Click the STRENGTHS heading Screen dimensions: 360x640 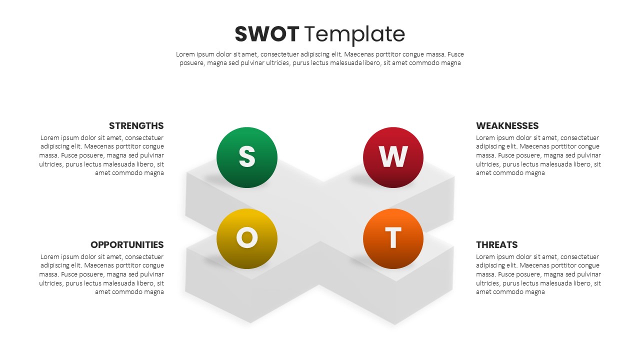tap(136, 125)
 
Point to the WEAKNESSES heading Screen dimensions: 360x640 tap(507, 125)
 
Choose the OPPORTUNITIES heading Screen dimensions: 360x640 tap(127, 244)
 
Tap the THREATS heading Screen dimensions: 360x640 tap(496, 244)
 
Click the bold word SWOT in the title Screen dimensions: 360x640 tap(266, 34)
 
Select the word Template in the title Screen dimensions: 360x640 tap(354, 34)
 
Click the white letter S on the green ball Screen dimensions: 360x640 tap(247, 157)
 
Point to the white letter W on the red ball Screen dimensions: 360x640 tap(393, 157)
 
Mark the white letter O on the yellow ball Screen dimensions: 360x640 tap(246, 238)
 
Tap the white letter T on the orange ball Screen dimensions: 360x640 tap(393, 238)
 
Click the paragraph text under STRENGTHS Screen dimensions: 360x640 tap(102, 155)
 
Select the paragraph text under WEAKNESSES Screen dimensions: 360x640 tap(538, 155)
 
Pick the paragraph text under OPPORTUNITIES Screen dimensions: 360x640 tap(102, 274)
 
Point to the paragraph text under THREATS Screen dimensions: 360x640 tap(538, 274)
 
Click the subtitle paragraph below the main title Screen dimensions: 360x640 tap(320, 58)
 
